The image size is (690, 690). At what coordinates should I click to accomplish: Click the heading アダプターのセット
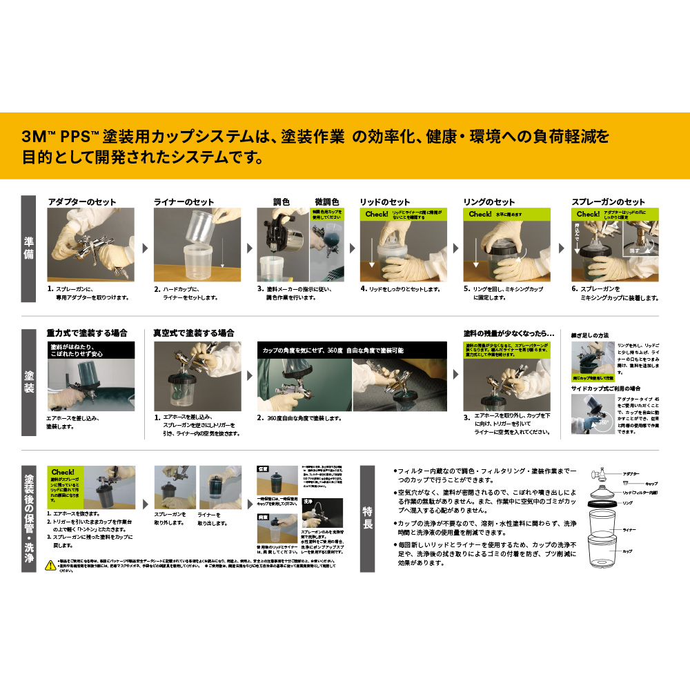point(81,202)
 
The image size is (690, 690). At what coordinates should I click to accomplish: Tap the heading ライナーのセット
point(184,202)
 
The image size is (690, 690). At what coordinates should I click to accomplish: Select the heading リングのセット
point(489,202)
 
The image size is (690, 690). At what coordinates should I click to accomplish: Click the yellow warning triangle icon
point(50,565)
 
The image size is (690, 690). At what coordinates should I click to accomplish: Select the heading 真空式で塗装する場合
point(193,333)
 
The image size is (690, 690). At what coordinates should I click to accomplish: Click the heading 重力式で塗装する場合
point(87,333)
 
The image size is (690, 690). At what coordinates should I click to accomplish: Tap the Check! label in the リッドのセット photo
point(377,214)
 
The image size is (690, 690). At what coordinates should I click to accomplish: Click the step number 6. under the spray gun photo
point(574,288)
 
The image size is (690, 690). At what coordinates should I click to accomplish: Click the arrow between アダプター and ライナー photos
point(144,247)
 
